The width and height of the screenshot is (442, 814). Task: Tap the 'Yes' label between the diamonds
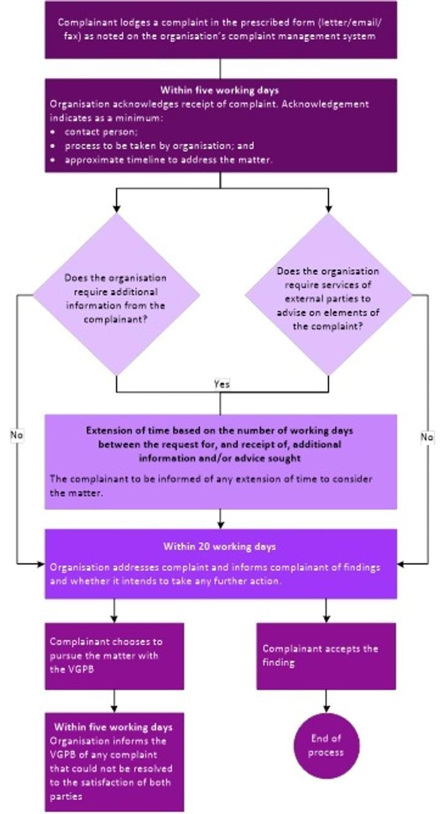tap(221, 383)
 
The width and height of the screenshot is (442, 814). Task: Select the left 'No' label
tap(17, 435)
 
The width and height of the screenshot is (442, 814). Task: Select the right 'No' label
tap(427, 437)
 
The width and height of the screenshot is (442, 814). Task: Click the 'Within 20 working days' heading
tap(220, 546)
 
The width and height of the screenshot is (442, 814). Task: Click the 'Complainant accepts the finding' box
tap(325, 656)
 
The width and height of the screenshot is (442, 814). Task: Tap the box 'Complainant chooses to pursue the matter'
tap(114, 656)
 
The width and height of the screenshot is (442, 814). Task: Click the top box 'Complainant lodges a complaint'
tap(220, 29)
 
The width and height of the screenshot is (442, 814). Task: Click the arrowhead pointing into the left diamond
tap(116, 208)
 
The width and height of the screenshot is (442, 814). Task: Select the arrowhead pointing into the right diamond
tap(328, 208)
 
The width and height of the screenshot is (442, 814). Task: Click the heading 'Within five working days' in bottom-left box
tap(114, 727)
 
